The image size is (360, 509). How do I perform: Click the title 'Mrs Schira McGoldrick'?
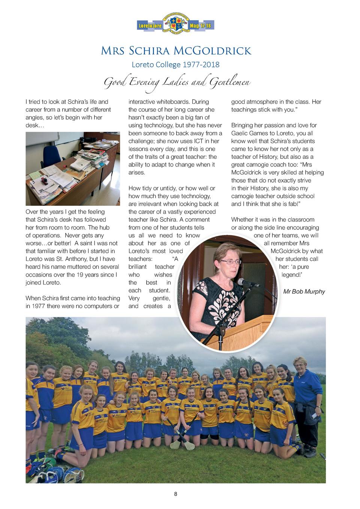tap(176, 51)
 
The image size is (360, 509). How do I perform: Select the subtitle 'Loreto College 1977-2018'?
tap(175, 65)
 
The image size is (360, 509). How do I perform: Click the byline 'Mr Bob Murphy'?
tap(304, 292)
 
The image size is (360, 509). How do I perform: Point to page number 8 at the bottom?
tap(175, 494)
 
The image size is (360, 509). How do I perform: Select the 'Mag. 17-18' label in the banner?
tap(201, 26)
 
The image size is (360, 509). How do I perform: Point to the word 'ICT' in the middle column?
tap(199, 141)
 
